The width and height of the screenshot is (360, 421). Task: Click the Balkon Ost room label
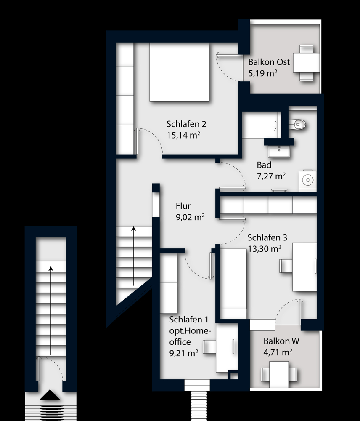(269, 62)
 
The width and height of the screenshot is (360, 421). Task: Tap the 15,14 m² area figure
(183, 135)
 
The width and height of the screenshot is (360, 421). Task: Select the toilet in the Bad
(297, 124)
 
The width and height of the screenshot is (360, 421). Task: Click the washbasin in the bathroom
(279, 152)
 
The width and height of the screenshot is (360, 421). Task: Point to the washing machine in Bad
(308, 181)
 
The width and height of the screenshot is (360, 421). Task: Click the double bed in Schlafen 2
(179, 72)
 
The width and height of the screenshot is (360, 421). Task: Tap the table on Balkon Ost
(306, 63)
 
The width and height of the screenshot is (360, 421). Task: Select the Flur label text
(183, 206)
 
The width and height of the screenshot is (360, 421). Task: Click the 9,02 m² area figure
(190, 217)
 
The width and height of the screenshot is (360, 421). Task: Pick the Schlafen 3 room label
(267, 237)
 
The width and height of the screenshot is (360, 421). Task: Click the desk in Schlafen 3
(304, 267)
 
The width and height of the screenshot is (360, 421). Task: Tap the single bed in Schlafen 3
(233, 284)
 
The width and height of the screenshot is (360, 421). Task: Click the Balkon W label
(281, 341)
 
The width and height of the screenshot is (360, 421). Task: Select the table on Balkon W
(279, 374)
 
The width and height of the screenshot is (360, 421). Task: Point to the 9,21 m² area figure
(183, 353)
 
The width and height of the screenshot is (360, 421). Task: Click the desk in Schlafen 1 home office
(227, 348)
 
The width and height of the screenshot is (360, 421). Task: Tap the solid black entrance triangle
(50, 395)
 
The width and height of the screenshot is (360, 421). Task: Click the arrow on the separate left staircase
(51, 311)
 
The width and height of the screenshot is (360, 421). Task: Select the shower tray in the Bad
(262, 125)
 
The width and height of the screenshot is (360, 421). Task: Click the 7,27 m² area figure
(271, 176)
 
